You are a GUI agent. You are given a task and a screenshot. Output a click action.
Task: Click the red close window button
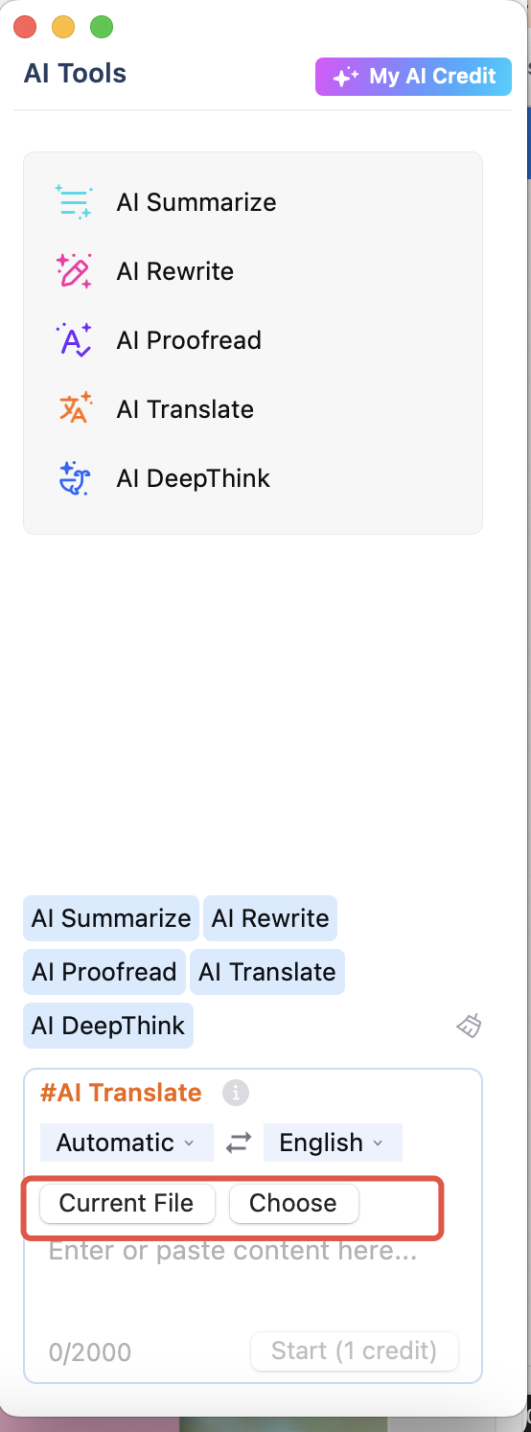coord(25,27)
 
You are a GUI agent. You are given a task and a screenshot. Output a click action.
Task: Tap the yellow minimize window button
coord(63,27)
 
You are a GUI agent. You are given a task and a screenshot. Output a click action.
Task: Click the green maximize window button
coord(102,27)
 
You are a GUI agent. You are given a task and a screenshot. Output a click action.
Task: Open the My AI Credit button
coord(413,76)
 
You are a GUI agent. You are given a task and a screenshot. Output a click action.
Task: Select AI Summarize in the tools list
coord(196,202)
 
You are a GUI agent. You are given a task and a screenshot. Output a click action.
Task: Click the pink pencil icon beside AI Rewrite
coord(74,271)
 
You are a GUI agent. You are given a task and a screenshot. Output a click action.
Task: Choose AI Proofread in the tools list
coord(189,340)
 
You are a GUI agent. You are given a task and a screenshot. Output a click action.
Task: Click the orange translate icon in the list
coord(76,408)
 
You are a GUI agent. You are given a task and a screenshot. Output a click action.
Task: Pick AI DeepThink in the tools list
coord(193,478)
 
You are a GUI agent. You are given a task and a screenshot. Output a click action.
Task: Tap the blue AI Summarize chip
coord(111,918)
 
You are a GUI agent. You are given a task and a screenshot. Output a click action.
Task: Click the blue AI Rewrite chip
coord(270,918)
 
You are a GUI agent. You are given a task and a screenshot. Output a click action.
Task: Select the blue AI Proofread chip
coord(104,972)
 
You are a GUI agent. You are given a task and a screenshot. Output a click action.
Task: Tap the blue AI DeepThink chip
coord(108,1026)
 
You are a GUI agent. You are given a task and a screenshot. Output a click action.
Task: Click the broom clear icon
coord(469,1026)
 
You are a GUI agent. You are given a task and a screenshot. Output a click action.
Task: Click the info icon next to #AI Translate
coord(236,1093)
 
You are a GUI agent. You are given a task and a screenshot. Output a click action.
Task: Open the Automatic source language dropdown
coord(127,1143)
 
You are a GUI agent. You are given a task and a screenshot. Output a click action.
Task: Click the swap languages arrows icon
coord(239,1143)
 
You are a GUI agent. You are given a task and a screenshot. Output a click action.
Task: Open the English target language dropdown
coord(333,1143)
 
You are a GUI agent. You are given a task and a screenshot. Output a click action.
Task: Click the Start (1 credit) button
coord(354,1351)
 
